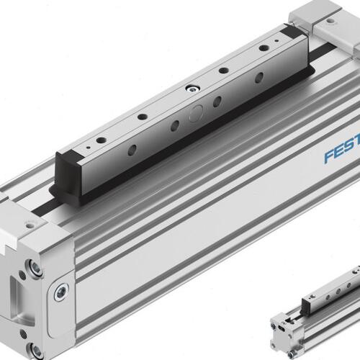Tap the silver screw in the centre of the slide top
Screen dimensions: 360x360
pyautogui.click(x=192, y=89)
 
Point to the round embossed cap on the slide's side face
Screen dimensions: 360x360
pyautogui.click(x=196, y=113)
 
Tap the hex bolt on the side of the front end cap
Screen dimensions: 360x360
pyautogui.click(x=61, y=292)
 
